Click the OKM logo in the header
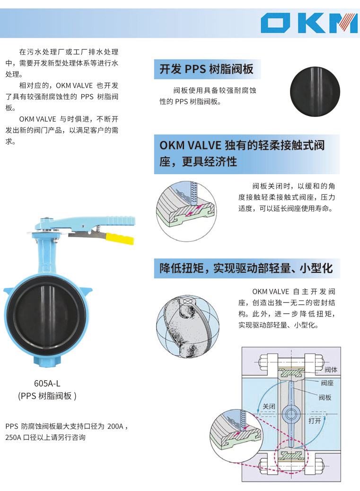(x=309, y=23)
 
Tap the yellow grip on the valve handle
(x=120, y=238)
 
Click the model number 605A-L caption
(x=47, y=383)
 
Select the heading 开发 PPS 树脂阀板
(x=206, y=69)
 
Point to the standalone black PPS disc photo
(x=315, y=91)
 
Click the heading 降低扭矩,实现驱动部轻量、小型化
(x=246, y=268)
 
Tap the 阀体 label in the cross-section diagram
(x=331, y=369)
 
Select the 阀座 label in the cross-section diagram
(x=327, y=383)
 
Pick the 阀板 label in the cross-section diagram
(x=325, y=397)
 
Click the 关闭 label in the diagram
(x=269, y=406)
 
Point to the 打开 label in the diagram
(x=315, y=420)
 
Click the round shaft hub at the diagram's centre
(x=291, y=414)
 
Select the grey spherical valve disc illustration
(x=188, y=326)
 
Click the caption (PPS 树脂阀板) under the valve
(x=47, y=396)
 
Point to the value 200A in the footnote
(x=115, y=426)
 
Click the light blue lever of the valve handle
(x=88, y=221)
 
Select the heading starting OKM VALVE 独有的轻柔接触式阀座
(x=242, y=153)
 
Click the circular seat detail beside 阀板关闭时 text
(x=186, y=211)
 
